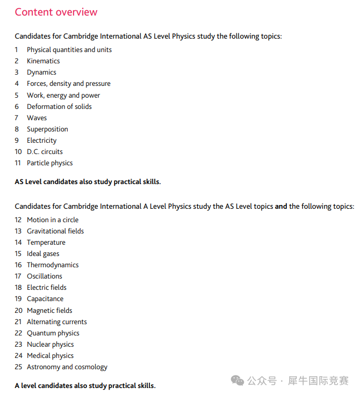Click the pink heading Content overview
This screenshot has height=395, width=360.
56,12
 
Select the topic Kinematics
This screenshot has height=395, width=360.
43,61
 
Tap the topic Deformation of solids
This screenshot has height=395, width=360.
59,106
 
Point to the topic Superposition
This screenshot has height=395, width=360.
47,129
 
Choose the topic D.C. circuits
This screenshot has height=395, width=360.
45,151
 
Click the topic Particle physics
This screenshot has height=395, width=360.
49,163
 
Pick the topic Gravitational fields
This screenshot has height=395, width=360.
55,231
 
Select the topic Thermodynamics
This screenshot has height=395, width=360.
53,265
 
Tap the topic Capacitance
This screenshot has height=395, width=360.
45,299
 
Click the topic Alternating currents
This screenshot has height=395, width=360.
56,321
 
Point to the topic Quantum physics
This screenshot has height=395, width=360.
53,333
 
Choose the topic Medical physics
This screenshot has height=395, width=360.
50,355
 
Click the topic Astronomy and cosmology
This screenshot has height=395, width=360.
67,367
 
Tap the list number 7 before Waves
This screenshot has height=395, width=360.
17,118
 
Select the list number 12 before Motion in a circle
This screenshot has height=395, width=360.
18,220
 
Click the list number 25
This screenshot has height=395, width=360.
18,367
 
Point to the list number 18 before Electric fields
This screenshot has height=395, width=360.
18,288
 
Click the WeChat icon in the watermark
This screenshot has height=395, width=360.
237,380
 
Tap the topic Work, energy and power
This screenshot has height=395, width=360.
63,95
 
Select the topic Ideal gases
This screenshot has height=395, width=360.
43,253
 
